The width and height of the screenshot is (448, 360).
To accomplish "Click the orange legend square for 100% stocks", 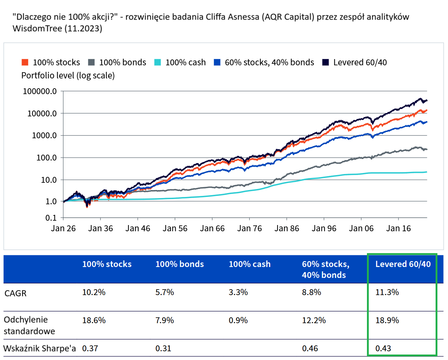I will coord(25,62).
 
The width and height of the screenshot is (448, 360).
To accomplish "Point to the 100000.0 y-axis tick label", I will coord(40,91).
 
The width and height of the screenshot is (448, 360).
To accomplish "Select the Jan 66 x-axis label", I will coord(212,229).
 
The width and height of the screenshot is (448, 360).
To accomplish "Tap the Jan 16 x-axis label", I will coord(398,229).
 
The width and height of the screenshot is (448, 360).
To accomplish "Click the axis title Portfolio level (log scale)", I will coord(68,76).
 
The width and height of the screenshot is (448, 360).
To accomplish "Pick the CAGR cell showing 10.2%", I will coord(94,292).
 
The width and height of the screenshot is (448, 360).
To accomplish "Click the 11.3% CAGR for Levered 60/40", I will coord(387,292).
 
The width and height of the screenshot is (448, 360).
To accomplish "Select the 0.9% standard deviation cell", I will coord(238,320).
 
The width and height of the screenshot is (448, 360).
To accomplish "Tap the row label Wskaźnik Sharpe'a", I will coord(39,348).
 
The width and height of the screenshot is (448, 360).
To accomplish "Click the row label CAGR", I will coord(15,293).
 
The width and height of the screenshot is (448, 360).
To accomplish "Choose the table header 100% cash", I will coord(250,264).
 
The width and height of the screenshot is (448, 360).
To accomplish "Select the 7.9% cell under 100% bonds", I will coord(165,320).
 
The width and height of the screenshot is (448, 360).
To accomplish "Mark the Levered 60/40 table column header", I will coord(403,264).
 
